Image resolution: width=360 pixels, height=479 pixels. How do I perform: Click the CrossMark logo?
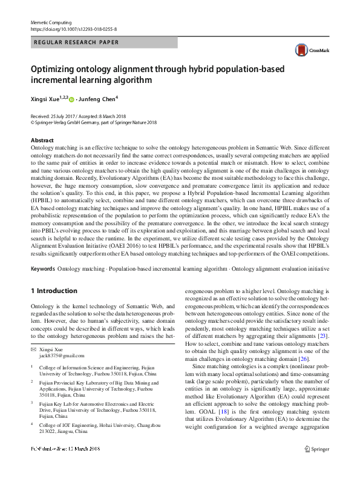(308, 51)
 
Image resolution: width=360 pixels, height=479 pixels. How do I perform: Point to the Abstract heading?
(42, 140)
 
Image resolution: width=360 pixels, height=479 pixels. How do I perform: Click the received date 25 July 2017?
(62, 116)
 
